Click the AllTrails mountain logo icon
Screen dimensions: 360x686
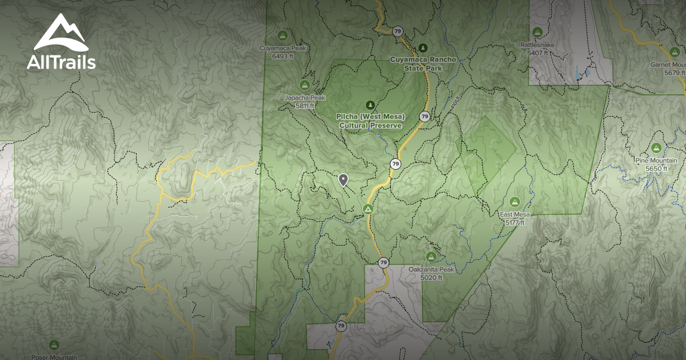coord(61,33)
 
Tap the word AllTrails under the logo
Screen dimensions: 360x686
coord(61,62)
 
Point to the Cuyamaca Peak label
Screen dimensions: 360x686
coord(283,49)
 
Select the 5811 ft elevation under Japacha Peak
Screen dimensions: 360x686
coord(305,106)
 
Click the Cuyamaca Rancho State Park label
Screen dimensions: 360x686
coord(416,63)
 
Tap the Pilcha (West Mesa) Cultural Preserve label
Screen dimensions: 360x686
coord(370,121)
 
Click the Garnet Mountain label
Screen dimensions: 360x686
coord(667,65)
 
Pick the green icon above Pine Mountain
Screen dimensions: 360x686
coord(656,149)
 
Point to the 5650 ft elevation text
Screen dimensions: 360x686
coord(657,169)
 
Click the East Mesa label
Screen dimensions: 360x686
coord(514,215)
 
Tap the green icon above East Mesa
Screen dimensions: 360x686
coord(514,201)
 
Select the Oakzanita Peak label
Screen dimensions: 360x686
coord(432,270)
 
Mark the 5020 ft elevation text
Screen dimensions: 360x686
coord(432,278)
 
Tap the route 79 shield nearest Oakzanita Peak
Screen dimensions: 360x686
coord(384,263)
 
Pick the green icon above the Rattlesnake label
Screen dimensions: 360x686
coord(537,32)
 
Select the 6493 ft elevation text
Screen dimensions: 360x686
coord(283,56)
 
